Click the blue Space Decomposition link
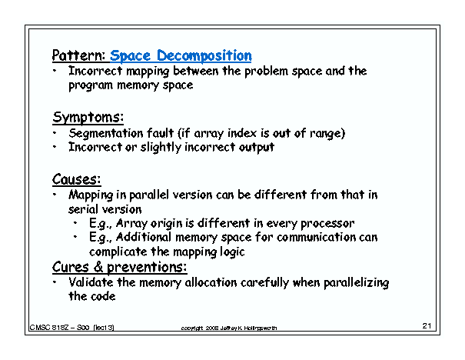(181, 55)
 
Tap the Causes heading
(77, 179)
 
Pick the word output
(254, 147)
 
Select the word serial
(85, 208)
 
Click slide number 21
(428, 326)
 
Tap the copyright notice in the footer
(228, 328)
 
